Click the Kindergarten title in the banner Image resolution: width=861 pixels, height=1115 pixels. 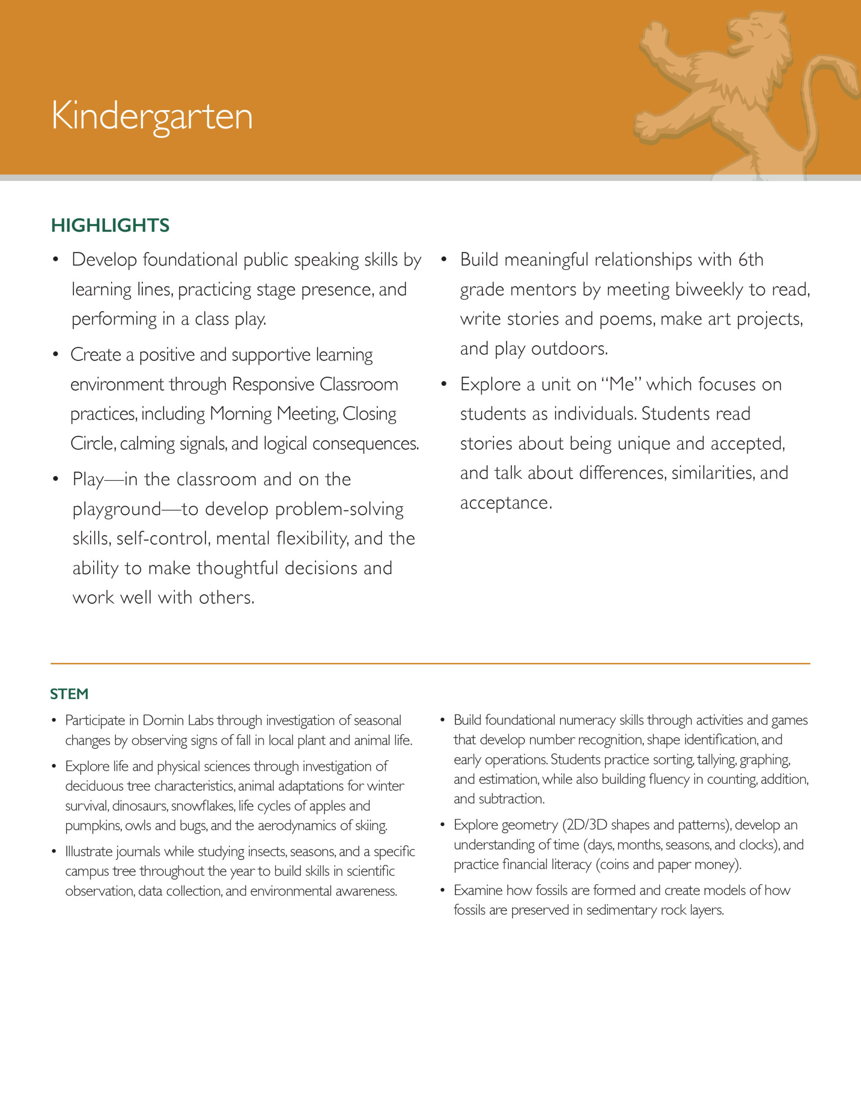point(151,116)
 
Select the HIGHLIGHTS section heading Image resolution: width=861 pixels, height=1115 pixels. point(110,225)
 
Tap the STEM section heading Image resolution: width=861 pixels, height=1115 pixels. point(69,694)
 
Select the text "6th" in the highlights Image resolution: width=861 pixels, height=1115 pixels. point(750,260)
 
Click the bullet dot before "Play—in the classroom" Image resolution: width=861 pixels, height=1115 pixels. point(56,480)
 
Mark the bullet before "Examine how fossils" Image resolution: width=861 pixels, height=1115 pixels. point(443,890)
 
